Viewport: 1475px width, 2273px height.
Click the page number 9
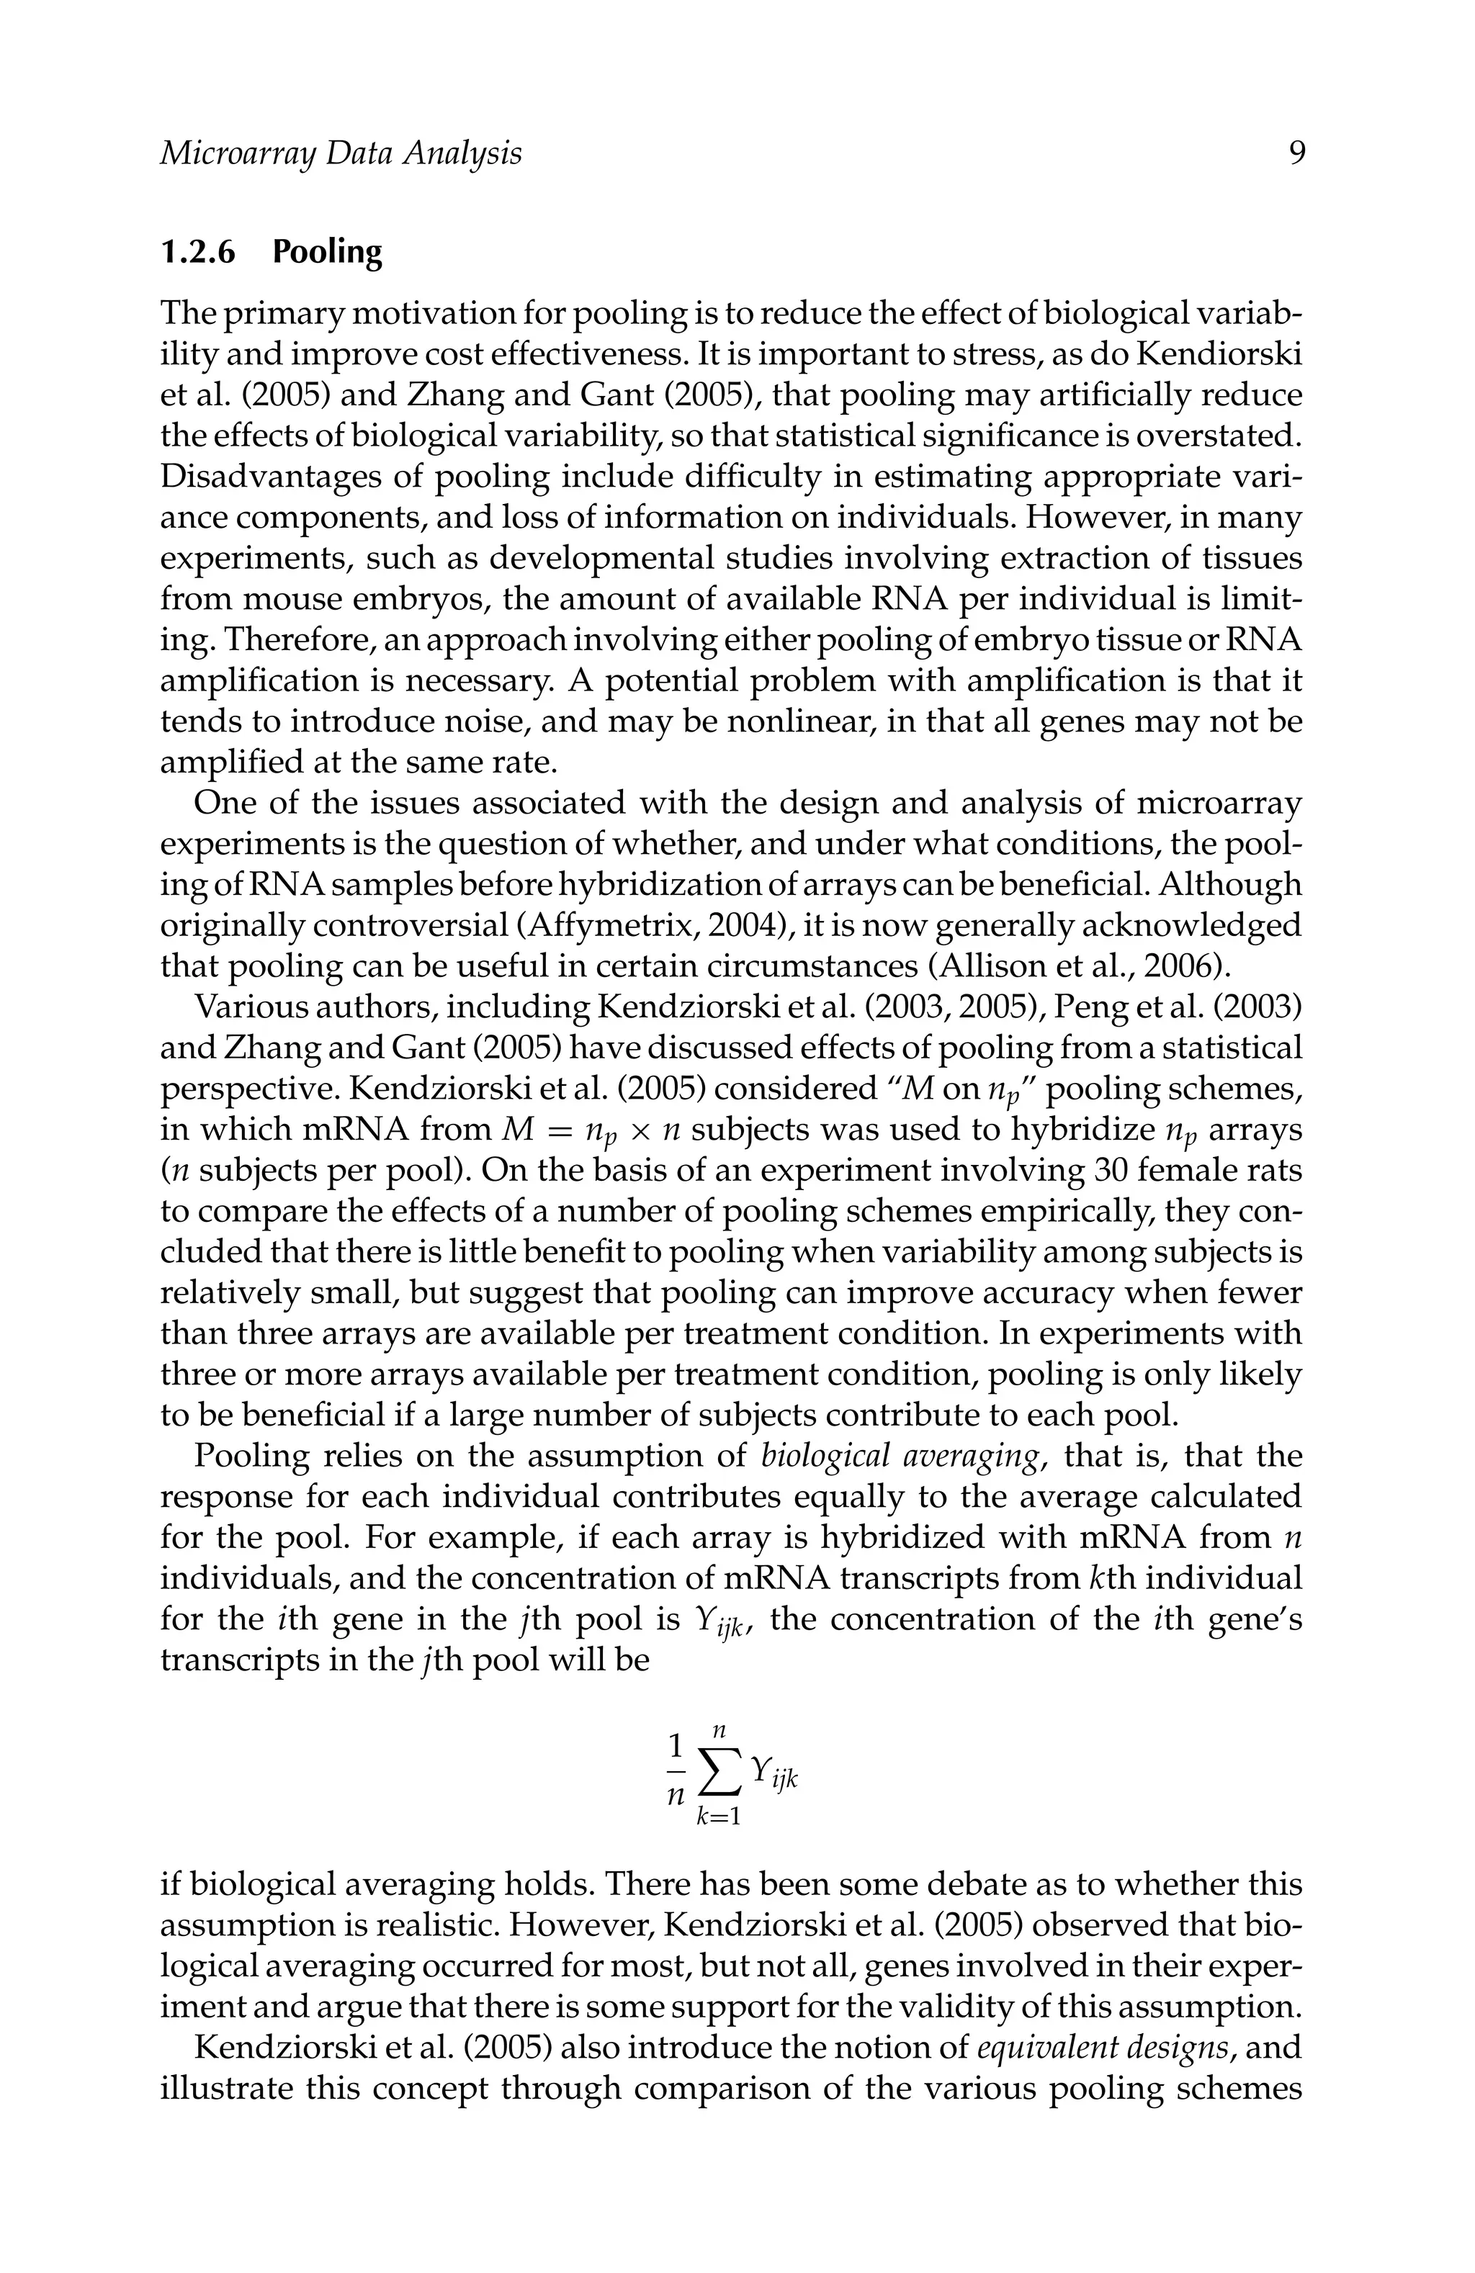(1296, 154)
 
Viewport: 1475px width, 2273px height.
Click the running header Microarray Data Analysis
(340, 154)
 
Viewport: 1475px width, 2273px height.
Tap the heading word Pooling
(327, 252)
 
